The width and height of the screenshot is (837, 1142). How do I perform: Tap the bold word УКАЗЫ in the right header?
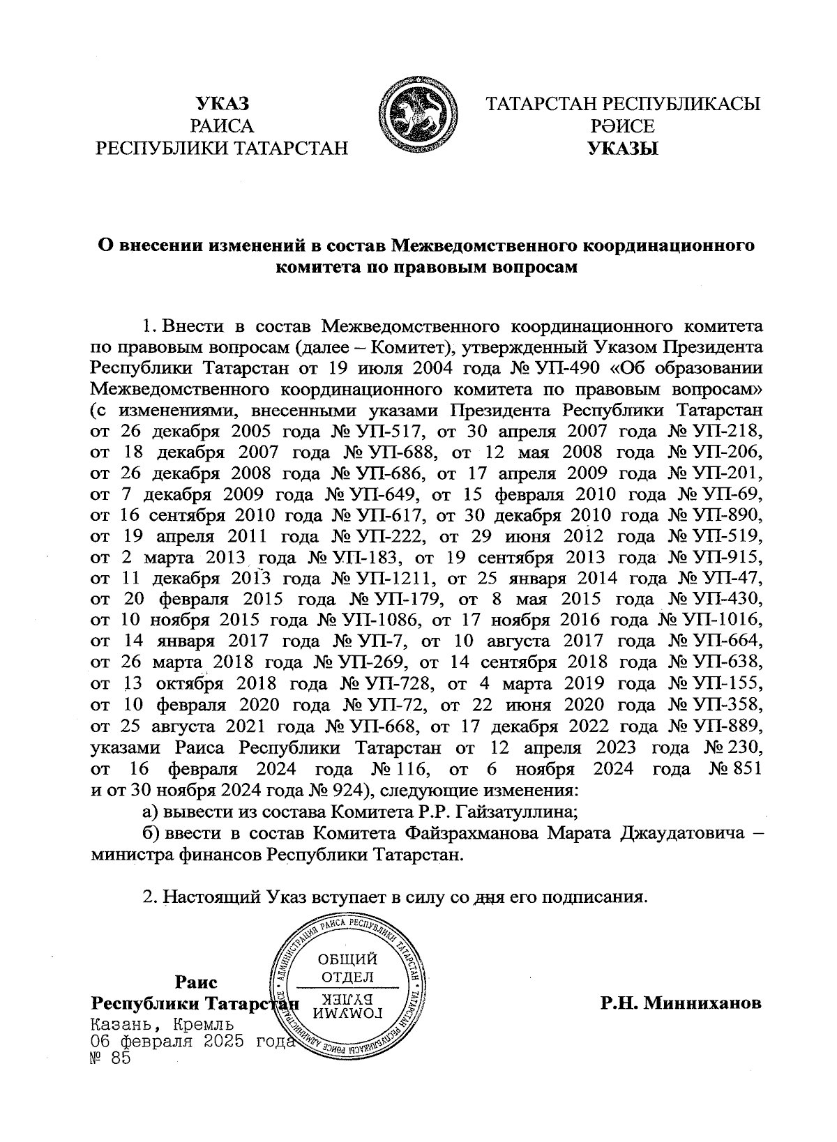(x=623, y=149)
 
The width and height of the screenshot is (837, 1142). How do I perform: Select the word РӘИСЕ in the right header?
(x=623, y=127)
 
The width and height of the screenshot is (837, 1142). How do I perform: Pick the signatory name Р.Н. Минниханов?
(x=681, y=1004)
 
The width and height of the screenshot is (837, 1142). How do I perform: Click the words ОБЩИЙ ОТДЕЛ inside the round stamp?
(x=347, y=968)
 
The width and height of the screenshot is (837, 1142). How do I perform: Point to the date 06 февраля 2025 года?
(x=190, y=1042)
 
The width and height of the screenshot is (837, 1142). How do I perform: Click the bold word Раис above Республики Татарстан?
(x=196, y=982)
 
